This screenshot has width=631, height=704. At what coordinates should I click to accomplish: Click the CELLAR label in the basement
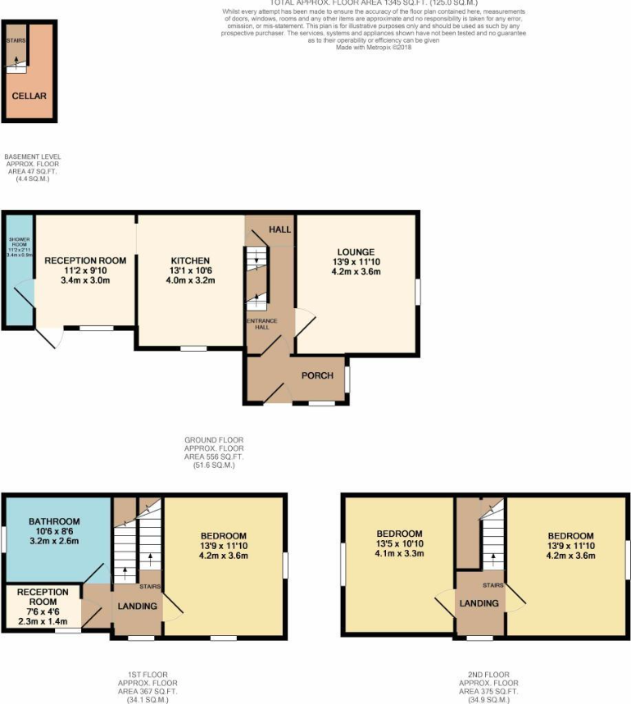click(29, 96)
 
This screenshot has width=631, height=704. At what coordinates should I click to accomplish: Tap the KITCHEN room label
click(190, 261)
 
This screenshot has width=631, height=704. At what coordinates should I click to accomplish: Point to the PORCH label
click(317, 376)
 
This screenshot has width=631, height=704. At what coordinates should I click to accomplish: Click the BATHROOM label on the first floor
click(54, 521)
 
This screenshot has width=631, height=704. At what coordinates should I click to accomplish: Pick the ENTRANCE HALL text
click(259, 325)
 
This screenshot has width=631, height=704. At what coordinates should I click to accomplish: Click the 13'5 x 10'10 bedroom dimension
click(400, 543)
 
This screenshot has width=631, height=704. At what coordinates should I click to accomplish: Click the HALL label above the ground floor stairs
click(280, 229)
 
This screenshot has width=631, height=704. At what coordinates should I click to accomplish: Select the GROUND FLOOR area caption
click(213, 452)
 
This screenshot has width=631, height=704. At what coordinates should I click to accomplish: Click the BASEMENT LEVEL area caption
click(33, 167)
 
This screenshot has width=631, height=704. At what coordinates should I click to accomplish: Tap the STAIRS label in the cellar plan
click(15, 39)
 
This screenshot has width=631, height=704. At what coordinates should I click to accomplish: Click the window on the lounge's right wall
click(418, 292)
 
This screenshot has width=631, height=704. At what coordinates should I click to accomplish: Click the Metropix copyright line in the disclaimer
click(374, 48)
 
